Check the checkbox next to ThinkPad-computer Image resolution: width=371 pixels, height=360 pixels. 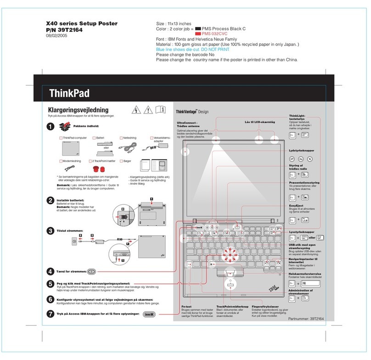[x=61, y=138]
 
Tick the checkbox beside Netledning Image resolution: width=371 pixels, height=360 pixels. [x=120, y=138]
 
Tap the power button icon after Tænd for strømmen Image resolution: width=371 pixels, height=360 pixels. [x=91, y=272]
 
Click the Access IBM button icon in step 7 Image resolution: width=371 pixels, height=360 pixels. [x=151, y=315]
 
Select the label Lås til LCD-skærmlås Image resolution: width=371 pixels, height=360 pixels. [x=260, y=122]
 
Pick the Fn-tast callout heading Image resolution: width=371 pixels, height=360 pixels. [x=186, y=306]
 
